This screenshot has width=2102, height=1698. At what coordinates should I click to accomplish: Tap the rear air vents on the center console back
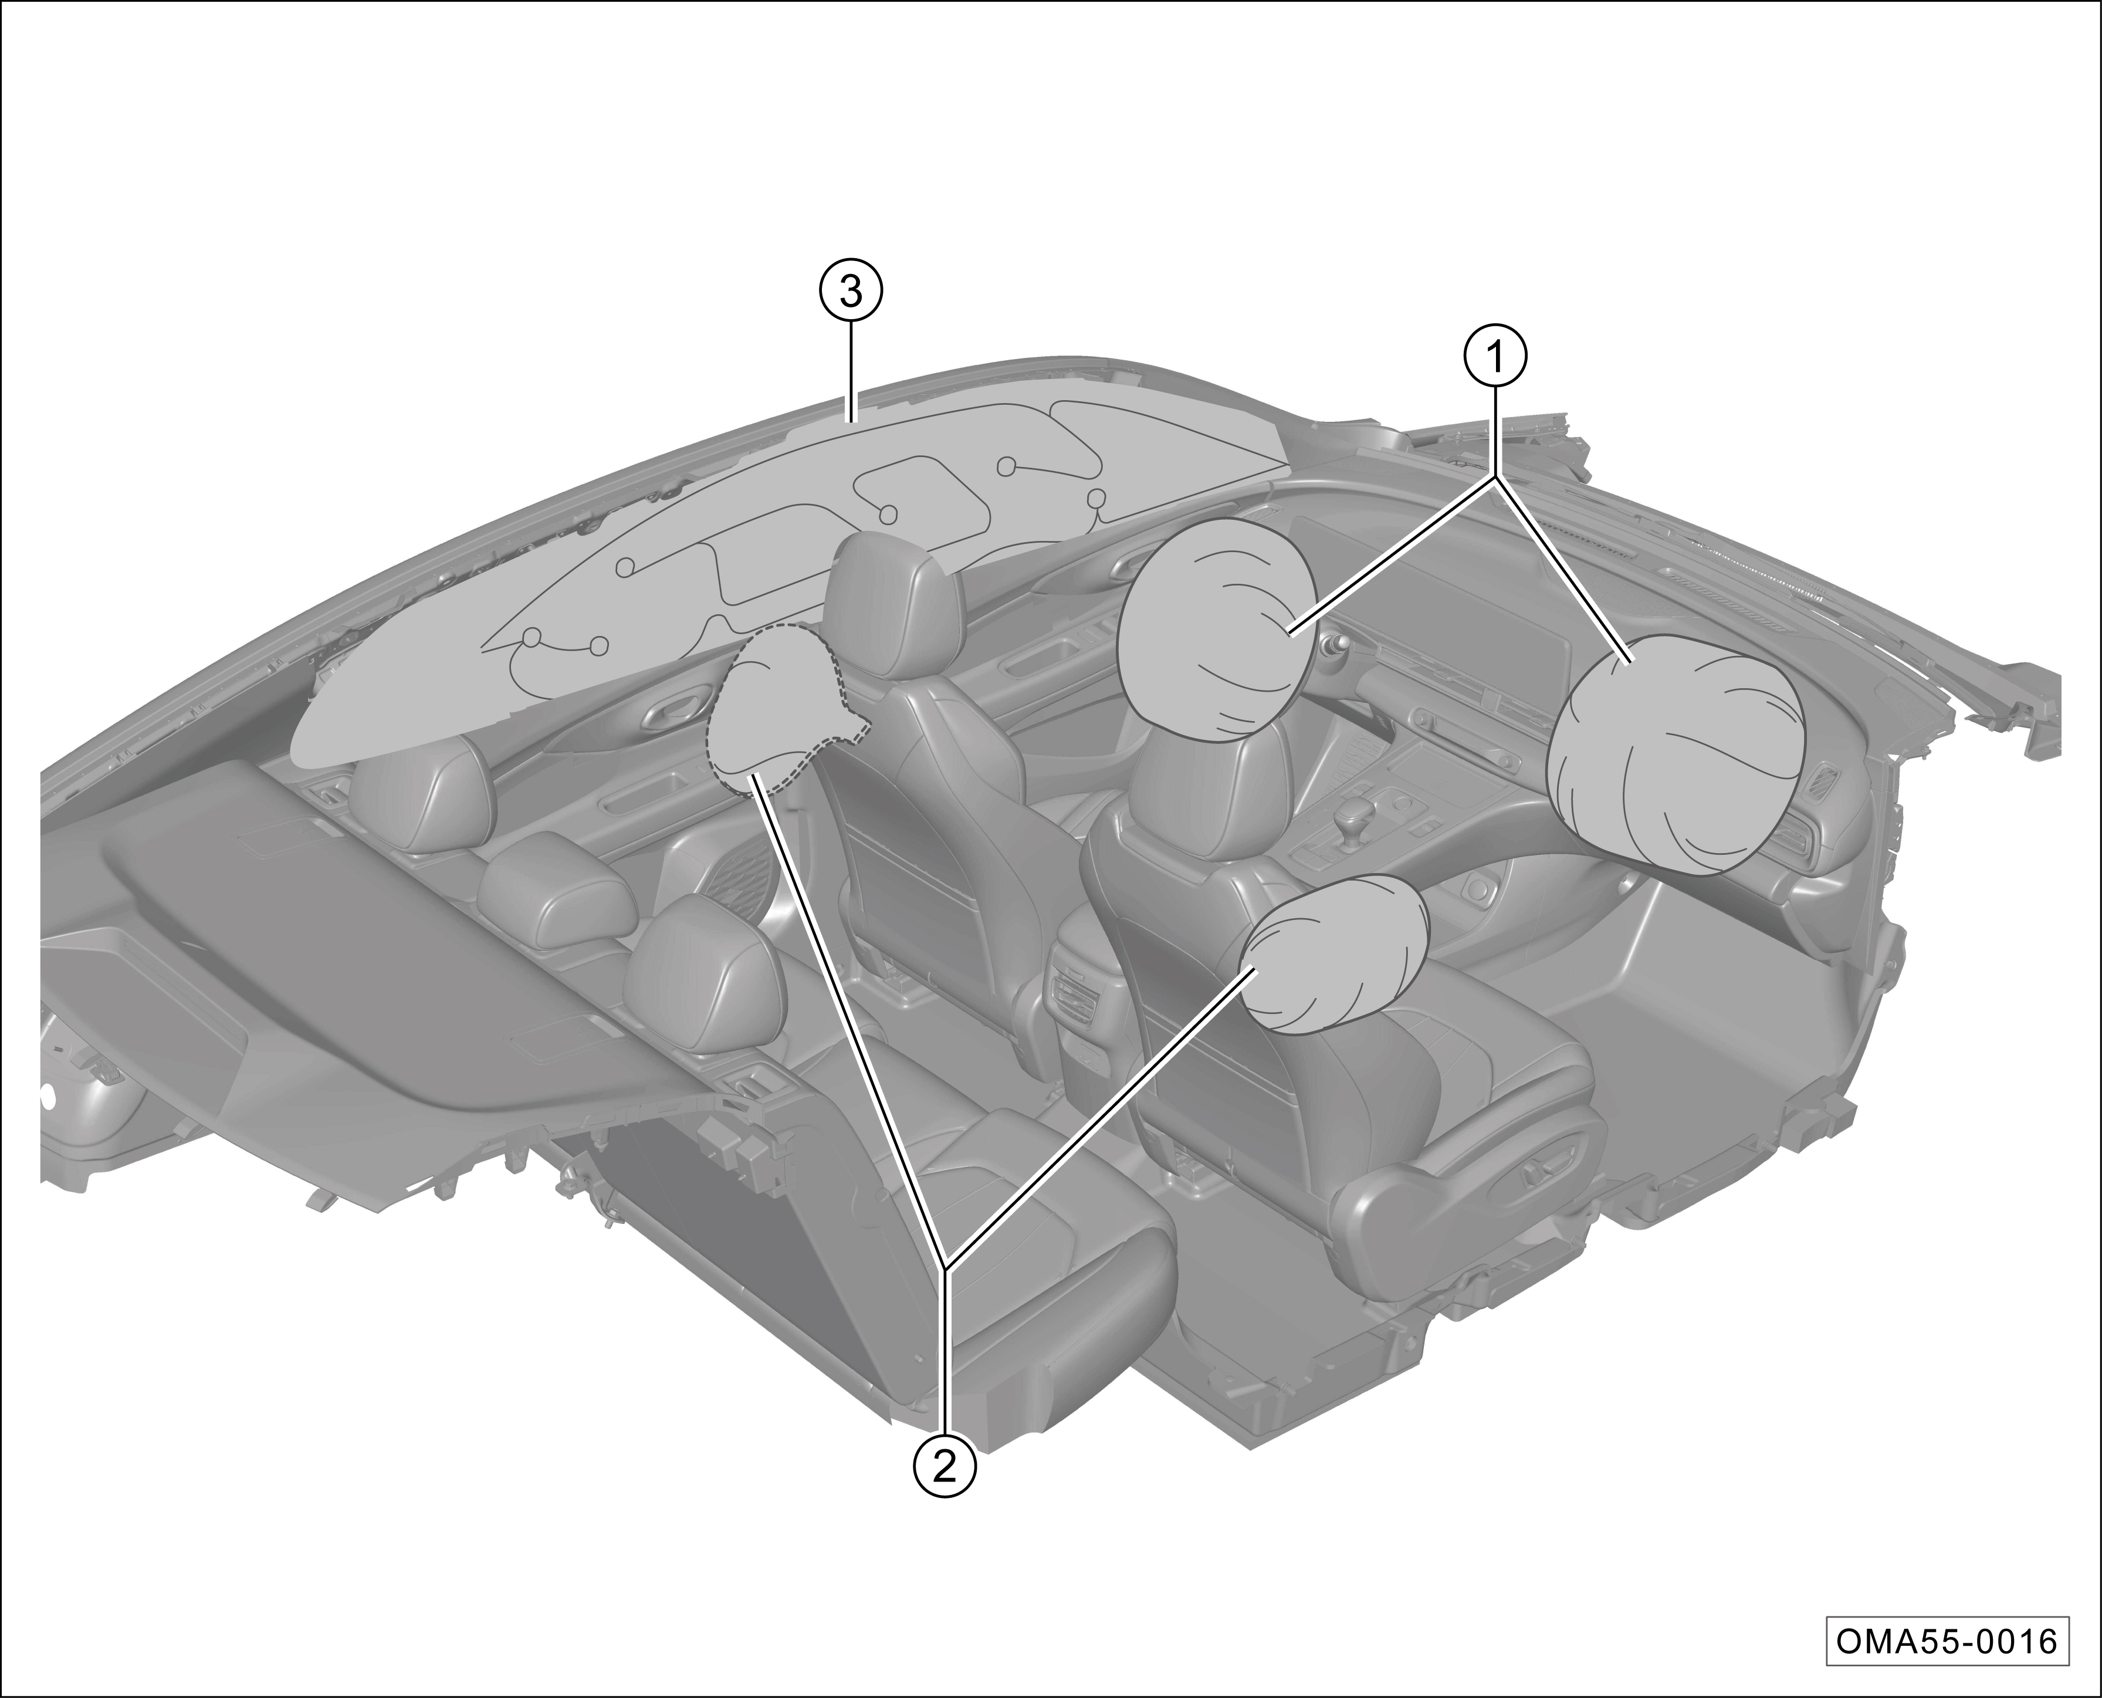(x=1076, y=993)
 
